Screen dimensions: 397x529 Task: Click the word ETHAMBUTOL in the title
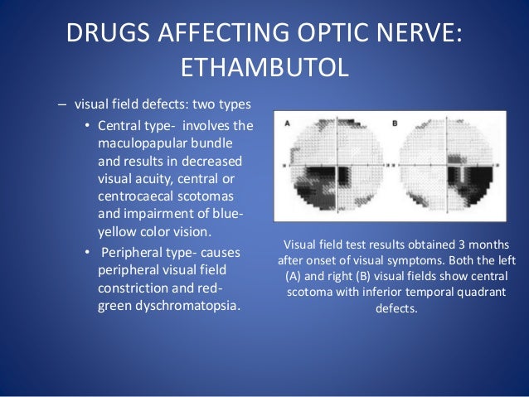pos(264,65)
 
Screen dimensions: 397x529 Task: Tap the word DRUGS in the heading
pos(108,31)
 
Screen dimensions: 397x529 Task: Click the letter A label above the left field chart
pos(288,123)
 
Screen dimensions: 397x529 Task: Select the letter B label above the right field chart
pos(394,124)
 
